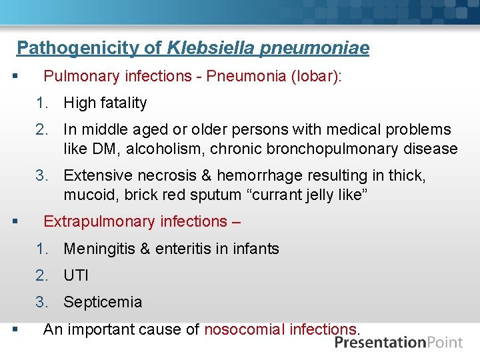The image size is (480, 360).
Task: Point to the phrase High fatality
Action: coord(105,103)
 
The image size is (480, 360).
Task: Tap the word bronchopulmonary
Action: coord(329,149)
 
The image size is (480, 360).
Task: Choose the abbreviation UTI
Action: coord(75,275)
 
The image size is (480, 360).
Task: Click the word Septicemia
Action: coord(103,302)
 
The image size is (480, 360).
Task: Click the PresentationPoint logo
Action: coord(399,343)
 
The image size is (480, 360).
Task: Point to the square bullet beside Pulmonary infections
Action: coord(15,77)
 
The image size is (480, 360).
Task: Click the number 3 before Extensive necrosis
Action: coord(42,175)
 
